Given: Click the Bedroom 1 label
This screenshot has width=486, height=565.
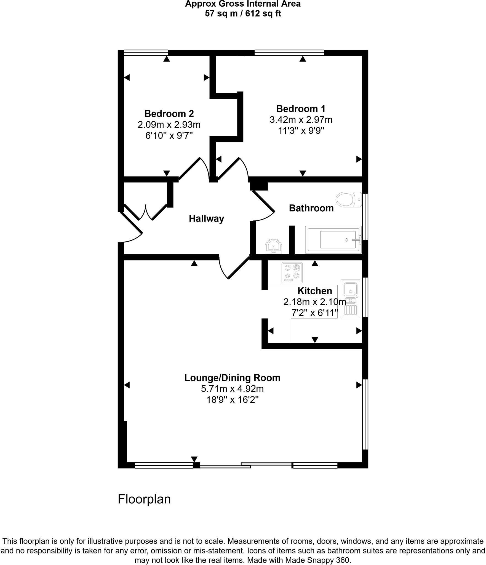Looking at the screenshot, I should pos(301,109).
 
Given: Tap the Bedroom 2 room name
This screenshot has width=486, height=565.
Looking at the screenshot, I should pos(169,114).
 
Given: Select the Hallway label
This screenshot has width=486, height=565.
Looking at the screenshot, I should pos(206,219).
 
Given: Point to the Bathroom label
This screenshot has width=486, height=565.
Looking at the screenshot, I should pos(311,208).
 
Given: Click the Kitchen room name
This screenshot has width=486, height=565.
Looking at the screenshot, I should pos(315,291).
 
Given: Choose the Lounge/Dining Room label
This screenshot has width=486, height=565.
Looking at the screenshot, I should pos(232,378).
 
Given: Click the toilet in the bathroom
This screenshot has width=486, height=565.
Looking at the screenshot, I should pos(348,199).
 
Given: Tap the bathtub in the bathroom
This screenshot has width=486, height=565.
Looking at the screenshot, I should pos(333,239).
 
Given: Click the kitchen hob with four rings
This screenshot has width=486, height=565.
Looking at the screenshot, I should pos(292,273).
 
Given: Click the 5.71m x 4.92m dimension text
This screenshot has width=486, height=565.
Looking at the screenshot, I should pos(232,389).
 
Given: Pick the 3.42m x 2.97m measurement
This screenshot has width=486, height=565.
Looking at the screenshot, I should pos(301,120).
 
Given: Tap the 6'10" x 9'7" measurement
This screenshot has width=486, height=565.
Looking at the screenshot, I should pos(169,136).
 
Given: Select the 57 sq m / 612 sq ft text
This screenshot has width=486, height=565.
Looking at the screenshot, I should pos(243,13).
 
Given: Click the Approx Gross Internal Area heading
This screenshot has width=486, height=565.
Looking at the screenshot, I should pos(243,4).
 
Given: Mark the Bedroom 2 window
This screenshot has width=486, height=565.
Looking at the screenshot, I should pos(146,53).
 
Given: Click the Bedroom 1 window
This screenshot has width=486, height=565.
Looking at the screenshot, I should pos(289,53).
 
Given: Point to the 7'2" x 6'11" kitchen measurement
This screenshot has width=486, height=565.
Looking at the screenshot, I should pos(315,313).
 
